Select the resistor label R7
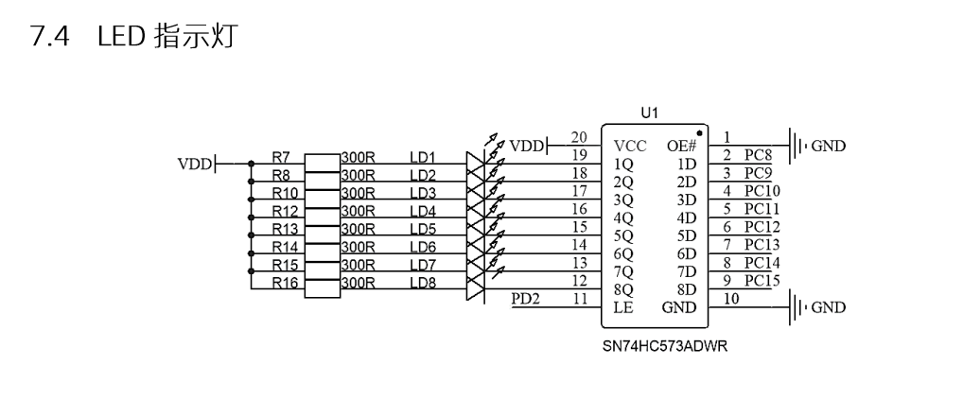[280, 157]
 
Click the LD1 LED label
[422, 157]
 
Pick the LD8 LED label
[422, 283]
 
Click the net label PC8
[759, 154]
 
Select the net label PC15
[762, 280]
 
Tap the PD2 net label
[526, 300]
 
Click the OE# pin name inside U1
[680, 146]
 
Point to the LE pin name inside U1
[622, 307]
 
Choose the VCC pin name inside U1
[629, 146]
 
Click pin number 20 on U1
[581, 136]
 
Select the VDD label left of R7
[195, 164]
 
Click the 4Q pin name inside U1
[623, 217]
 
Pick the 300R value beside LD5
[359, 229]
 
